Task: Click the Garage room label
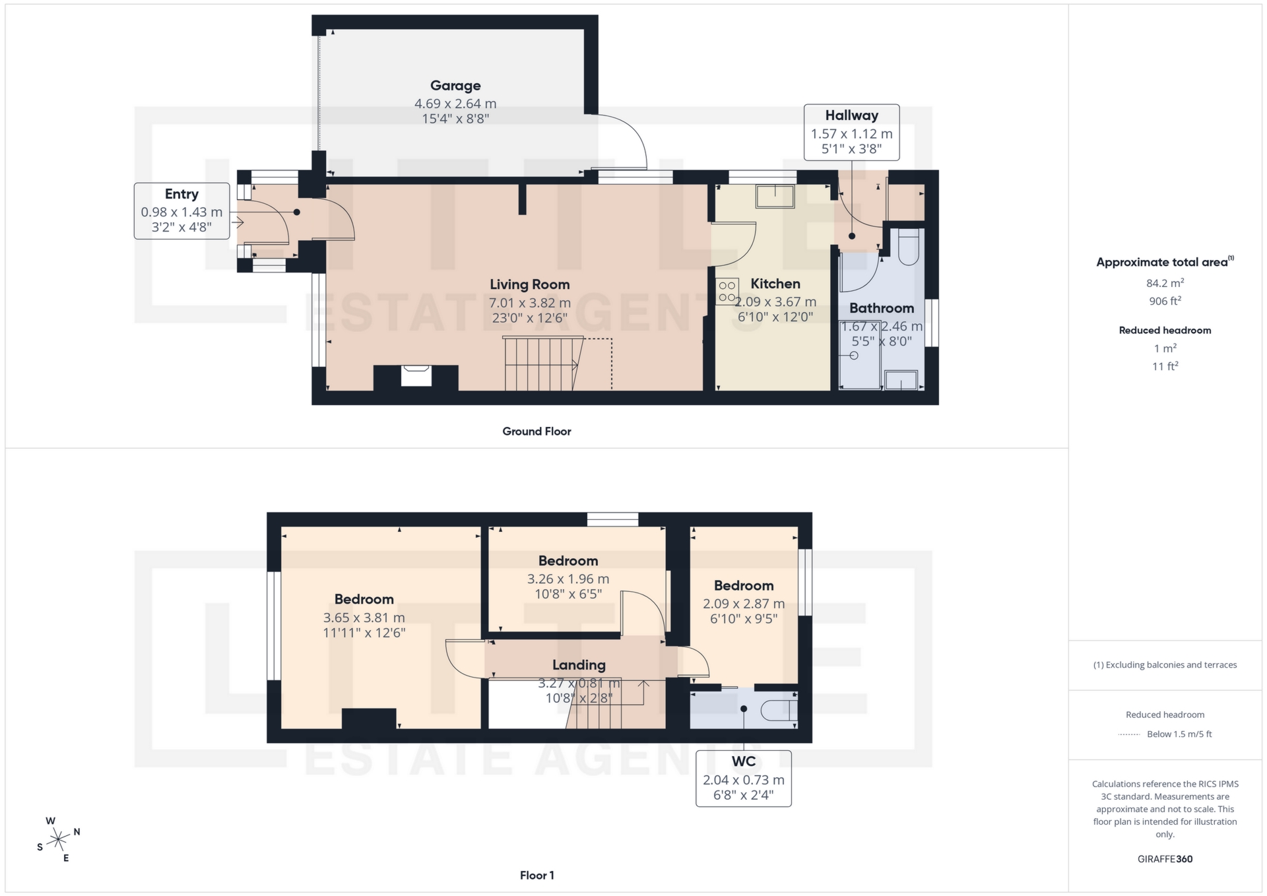[455, 86]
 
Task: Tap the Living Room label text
[529, 284]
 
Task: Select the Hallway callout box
[851, 132]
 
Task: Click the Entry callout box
[181, 210]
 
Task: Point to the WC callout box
[743, 778]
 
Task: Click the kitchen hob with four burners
[727, 292]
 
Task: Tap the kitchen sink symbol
[775, 197]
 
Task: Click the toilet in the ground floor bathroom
[909, 247]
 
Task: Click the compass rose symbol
[59, 840]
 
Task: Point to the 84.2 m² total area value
[1165, 283]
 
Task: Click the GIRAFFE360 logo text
[1165, 859]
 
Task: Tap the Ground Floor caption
[536, 432]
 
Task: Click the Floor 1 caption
[536, 876]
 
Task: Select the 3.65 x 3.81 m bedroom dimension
[364, 618]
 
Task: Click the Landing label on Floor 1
[579, 665]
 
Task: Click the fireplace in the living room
[416, 376]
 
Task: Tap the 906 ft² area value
[1165, 301]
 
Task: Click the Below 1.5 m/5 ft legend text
[1179, 734]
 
